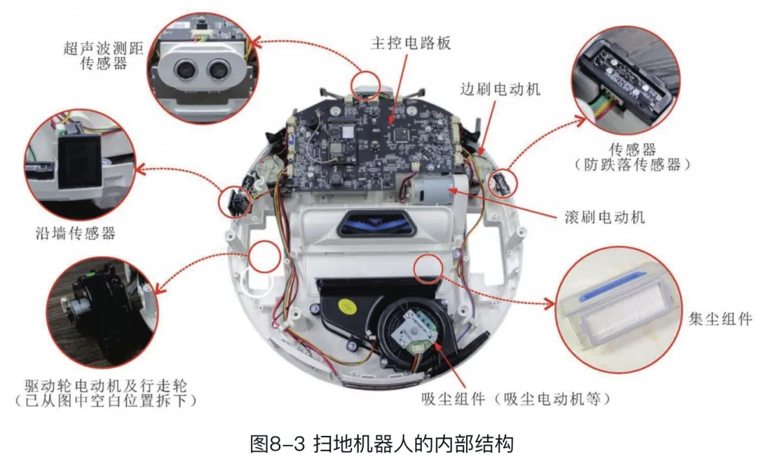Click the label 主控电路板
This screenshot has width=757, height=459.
pos(411,43)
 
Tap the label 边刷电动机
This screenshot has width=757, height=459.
pos(500,89)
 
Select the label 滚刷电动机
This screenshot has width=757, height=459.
pos(604,217)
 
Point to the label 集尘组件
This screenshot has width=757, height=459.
pos(721,319)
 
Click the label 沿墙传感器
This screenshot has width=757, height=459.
pos(76,233)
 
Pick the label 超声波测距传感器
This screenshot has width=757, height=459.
pos(104,55)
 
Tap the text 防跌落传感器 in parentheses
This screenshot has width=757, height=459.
pos(632,165)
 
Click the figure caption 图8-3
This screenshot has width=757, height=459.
pos(278,444)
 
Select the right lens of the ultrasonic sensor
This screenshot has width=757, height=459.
pos(218,71)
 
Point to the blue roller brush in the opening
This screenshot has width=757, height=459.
pos(376,224)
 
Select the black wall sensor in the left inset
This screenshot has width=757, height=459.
pos(80,160)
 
